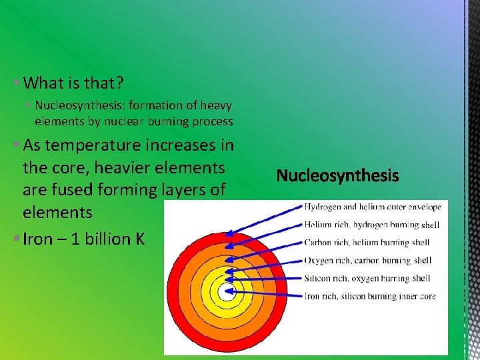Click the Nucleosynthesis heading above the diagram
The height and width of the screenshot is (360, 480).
coord(337,176)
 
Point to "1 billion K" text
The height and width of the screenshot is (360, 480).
coord(108,239)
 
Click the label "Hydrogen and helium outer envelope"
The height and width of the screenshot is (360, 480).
coord(373,207)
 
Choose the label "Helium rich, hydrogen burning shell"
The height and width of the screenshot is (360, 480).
coord(371,225)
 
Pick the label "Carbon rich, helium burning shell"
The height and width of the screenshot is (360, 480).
coord(367,243)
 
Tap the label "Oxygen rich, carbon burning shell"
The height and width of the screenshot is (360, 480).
coord(367,261)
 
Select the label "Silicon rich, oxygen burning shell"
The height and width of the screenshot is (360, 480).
coord(367,278)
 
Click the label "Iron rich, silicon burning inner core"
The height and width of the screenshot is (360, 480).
coord(370,295)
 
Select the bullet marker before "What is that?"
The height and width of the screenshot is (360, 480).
coord(16,83)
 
